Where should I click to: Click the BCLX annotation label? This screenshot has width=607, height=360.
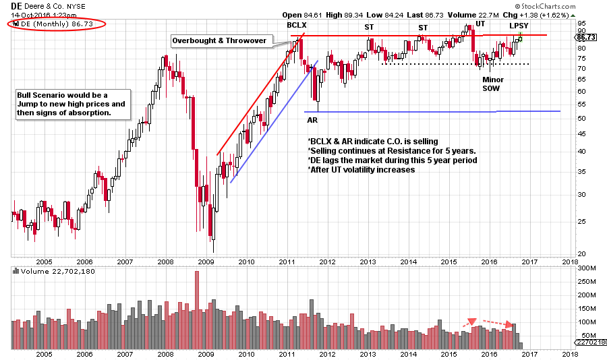coord(297,25)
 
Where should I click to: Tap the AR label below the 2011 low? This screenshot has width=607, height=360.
coord(313,120)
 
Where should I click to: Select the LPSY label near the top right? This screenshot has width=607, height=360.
coord(519,26)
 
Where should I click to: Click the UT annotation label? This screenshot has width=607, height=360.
coord(480,24)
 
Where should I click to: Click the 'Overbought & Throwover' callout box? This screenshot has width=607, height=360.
coord(221,41)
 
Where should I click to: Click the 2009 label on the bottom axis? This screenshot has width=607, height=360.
coord(206,353)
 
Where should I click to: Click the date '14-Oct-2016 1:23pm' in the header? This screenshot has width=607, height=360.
coord(44,14)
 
